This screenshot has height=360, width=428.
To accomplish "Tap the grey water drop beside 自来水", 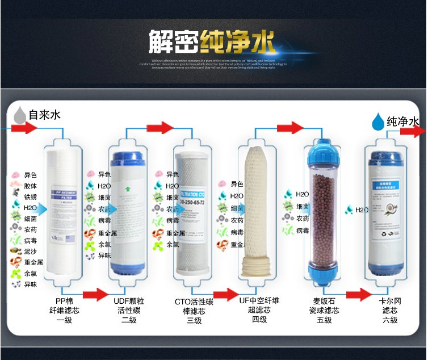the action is click(20, 115).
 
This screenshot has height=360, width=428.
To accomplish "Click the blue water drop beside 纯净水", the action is click(377, 121).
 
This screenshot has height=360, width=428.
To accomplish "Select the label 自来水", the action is click(44, 115).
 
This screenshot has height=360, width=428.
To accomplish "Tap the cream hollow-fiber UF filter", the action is click(259, 210).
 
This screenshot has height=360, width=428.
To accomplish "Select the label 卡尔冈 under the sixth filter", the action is click(389, 300).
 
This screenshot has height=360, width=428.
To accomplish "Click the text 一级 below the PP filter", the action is click(64, 320).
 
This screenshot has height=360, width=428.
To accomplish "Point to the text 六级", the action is click(389, 320).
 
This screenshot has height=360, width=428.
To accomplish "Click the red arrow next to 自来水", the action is click(23, 128).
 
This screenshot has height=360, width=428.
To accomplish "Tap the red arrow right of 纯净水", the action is click(413, 132).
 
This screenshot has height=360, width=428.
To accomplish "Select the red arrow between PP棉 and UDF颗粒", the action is click(95, 294).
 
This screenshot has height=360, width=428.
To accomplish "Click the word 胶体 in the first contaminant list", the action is click(31, 186).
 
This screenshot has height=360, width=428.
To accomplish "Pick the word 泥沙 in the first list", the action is click(31, 251).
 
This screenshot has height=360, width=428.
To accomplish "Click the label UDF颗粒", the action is click(128, 300).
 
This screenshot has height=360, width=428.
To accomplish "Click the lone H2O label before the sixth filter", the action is click(362, 210).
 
